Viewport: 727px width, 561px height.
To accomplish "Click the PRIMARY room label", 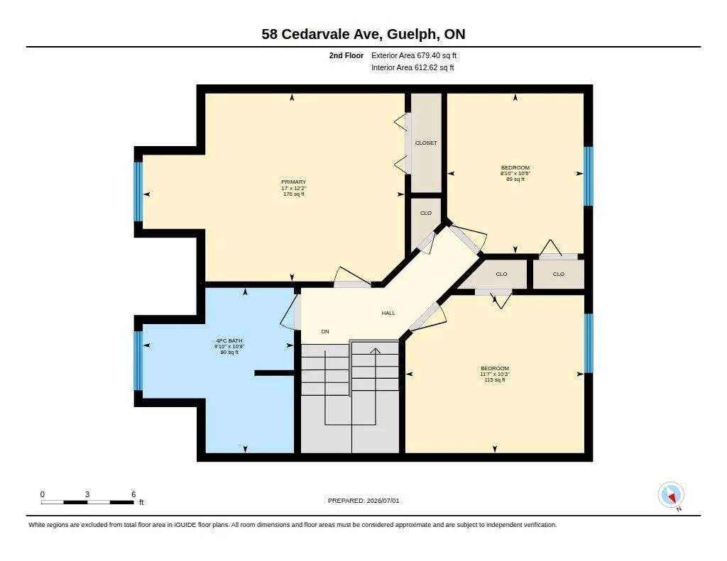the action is (293, 182).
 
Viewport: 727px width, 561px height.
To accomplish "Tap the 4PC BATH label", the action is (229, 341).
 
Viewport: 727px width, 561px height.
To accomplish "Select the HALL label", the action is (388, 313).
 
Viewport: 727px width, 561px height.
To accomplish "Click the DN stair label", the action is (325, 332).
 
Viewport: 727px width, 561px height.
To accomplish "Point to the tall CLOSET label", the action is (426, 143).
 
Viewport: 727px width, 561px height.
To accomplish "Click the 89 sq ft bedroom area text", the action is (515, 179).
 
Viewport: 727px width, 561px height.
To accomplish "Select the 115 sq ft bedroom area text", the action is (495, 380).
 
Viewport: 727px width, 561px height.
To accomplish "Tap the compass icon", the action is (671, 495).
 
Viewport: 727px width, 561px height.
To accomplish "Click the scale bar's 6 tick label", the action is (133, 494).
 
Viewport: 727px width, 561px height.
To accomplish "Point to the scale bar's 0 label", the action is (43, 494).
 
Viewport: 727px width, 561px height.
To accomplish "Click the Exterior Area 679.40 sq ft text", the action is (414, 55).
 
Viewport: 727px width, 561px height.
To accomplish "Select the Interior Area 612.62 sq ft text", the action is (412, 67).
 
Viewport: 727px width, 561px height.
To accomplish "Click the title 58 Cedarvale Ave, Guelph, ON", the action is (363, 34).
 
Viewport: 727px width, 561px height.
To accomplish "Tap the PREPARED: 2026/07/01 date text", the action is (363, 501).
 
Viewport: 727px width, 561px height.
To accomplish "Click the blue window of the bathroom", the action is (138, 361).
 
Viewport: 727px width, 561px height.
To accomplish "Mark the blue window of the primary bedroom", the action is (138, 191).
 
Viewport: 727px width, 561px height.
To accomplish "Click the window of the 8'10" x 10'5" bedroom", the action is (589, 176).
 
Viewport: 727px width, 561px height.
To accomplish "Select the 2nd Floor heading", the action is (346, 55).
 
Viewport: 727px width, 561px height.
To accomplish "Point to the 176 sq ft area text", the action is (294, 194).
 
